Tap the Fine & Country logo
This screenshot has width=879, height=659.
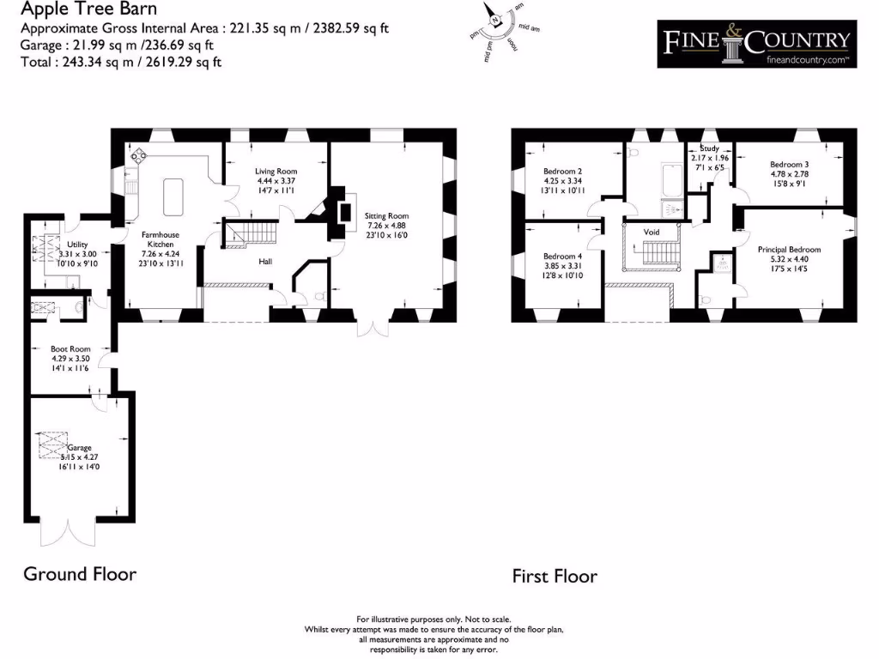point(755,43)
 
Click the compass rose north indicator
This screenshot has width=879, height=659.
point(495,19)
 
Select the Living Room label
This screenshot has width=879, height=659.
point(276,172)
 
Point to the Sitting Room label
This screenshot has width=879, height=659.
point(387,216)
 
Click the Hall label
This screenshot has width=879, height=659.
point(266,261)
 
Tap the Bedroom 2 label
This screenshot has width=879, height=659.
point(563,171)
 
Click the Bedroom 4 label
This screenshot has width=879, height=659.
point(563,257)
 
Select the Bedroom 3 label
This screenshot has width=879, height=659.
point(789,165)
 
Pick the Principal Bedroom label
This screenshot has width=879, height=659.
point(789,250)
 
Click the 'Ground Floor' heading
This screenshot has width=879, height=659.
point(79,574)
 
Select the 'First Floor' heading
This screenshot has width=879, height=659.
point(555,576)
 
